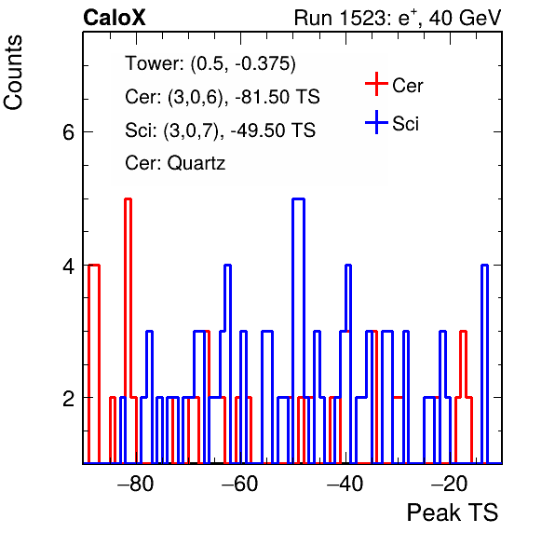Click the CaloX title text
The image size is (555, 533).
115,18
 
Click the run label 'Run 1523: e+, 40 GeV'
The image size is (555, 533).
398,18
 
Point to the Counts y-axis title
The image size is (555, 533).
13,73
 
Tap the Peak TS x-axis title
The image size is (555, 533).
453,512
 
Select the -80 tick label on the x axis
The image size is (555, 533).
136,483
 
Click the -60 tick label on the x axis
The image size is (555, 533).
240,483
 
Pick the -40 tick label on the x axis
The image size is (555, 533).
345,483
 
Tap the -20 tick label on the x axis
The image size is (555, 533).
450,483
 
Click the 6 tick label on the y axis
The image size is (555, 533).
68,132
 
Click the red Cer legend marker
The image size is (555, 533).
376,84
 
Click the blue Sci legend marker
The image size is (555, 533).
376,122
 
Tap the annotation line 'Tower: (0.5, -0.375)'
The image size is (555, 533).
210,63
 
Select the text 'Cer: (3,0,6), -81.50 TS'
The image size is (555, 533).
223,97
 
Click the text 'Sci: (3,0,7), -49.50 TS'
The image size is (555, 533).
220,130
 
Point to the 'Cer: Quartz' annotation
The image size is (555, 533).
175,163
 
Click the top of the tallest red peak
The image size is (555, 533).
129,199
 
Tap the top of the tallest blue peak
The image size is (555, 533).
298,199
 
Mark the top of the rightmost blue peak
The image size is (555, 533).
485,265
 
